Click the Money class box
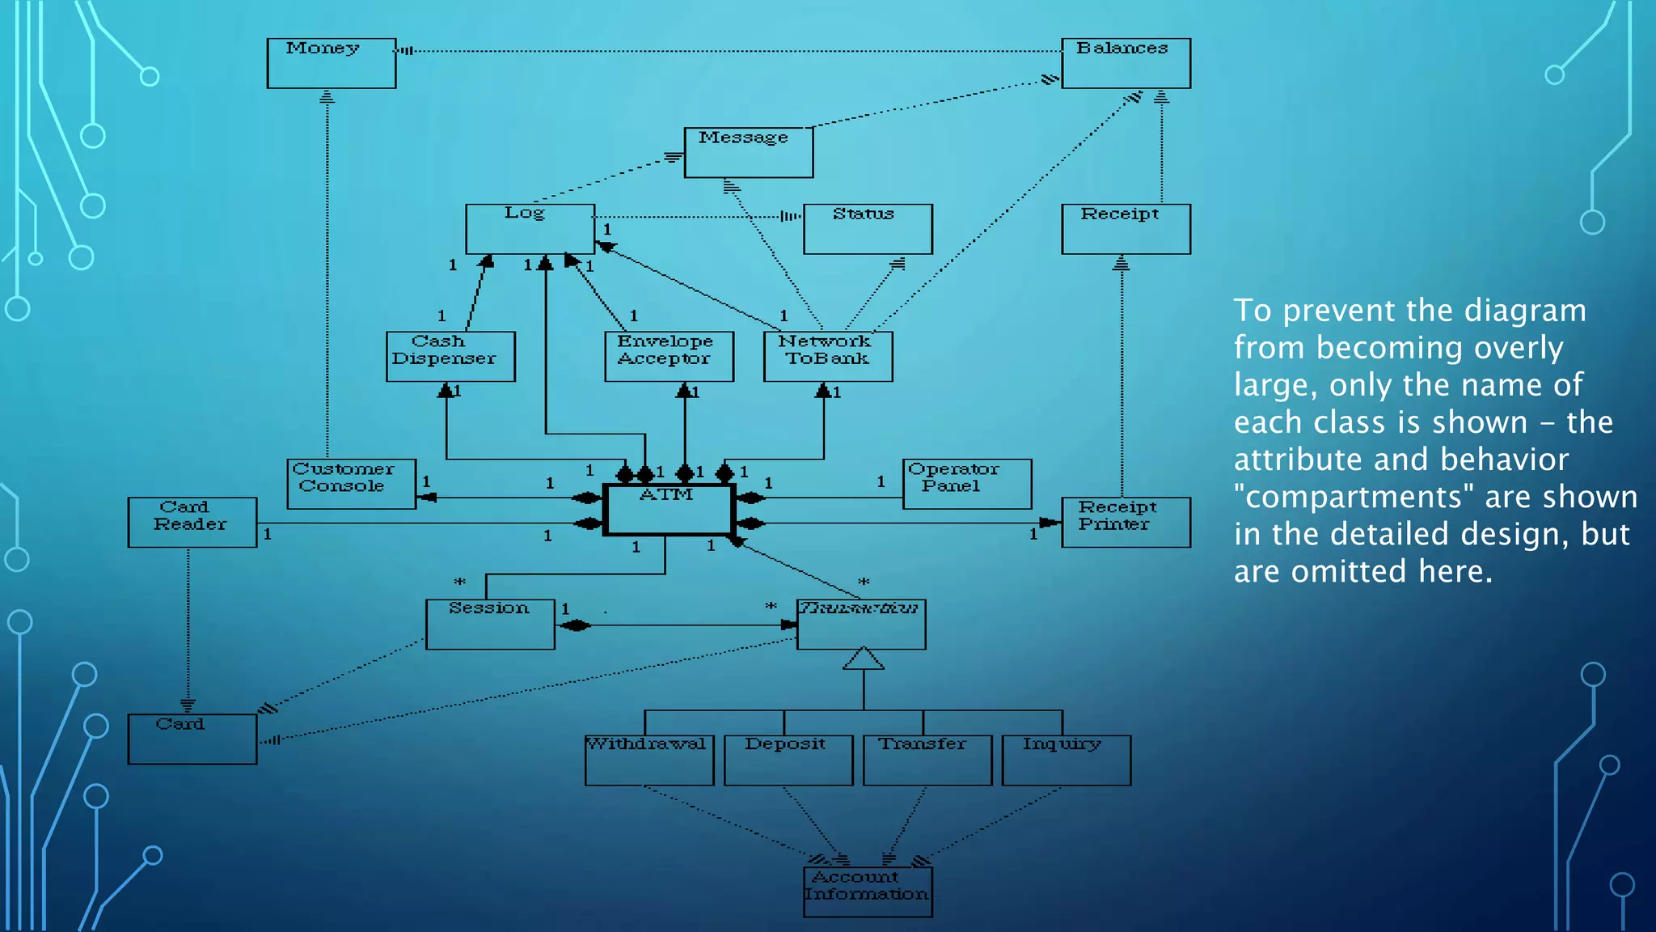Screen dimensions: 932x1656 point(332,63)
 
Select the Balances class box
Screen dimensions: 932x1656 point(1126,63)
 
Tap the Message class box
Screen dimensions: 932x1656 point(749,152)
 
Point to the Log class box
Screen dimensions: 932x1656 point(530,229)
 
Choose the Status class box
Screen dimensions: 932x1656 point(868,229)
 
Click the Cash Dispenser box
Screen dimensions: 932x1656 point(450,356)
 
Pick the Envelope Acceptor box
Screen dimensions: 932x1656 point(669,356)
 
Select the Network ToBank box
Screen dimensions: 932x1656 point(828,356)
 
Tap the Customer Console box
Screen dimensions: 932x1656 point(351,484)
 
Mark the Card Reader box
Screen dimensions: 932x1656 point(192,523)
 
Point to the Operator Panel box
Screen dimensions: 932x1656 point(967,484)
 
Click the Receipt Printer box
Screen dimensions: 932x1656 point(1126,523)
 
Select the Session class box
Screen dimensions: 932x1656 point(490,624)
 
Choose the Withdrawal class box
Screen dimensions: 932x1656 point(649,760)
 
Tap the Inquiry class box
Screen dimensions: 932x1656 point(1066,760)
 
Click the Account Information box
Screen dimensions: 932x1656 point(868,892)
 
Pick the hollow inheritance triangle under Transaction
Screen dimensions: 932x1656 point(864,659)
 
